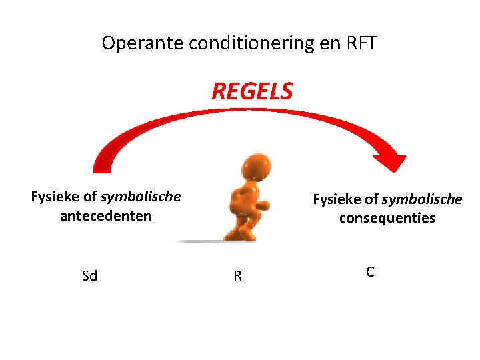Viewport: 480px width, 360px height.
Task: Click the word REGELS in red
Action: point(252,91)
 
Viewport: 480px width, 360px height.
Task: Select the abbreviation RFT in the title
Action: point(362,44)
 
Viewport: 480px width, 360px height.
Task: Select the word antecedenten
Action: point(105,216)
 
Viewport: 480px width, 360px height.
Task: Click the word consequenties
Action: point(387,218)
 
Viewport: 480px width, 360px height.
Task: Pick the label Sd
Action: point(89,276)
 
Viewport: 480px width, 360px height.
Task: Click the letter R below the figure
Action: point(237,276)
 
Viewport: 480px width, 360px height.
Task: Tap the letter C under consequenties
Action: point(370,272)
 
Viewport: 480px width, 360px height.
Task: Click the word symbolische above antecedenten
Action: point(141,197)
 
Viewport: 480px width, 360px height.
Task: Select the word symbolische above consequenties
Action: point(422,199)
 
